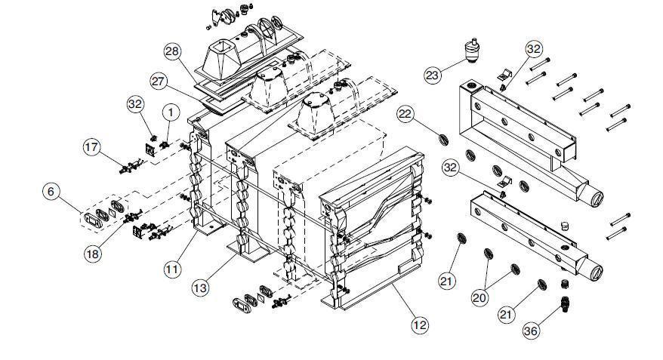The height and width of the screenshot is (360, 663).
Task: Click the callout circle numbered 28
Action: [x=172, y=51]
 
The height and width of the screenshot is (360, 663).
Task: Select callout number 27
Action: [x=159, y=81]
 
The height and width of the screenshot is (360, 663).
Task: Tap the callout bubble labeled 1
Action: [x=171, y=112]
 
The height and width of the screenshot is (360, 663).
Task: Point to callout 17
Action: [x=92, y=149]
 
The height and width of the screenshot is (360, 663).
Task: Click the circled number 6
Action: [x=51, y=192]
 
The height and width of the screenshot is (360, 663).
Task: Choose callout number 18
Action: [x=92, y=254]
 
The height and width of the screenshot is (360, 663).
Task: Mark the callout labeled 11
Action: [x=173, y=267]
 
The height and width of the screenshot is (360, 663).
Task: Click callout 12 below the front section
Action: [x=420, y=325]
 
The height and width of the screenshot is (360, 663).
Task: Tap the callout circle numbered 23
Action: [x=433, y=75]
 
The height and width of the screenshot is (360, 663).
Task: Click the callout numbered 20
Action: [x=480, y=297]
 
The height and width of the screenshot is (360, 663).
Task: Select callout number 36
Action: [x=532, y=330]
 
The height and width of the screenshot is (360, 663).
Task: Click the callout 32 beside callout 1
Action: [x=136, y=103]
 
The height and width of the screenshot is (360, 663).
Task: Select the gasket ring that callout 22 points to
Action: [x=446, y=140]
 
